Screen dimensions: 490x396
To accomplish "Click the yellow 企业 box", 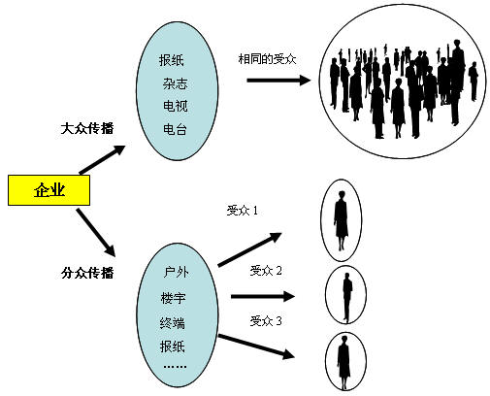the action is [49, 190].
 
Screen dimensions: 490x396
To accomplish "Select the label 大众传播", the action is [87, 128].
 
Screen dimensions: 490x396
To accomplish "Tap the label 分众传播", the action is [87, 273].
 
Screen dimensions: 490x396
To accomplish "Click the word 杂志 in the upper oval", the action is [175, 83].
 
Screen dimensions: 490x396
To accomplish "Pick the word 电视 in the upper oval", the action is [175, 106].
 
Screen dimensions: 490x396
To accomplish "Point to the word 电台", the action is [175, 129].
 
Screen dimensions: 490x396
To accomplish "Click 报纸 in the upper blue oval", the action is [172, 60].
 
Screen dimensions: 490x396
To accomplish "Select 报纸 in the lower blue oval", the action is [173, 346].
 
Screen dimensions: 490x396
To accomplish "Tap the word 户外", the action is [176, 272].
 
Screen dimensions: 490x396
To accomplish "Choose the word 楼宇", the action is [174, 298].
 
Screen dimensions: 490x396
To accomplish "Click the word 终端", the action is [173, 323].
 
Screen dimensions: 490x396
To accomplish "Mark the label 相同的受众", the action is [267, 59].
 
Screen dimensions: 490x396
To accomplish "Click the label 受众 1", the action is [243, 211].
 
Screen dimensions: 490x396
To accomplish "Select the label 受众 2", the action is [266, 271].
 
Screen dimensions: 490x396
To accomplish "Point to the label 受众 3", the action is [266, 321].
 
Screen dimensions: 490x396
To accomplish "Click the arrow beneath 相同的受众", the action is [278, 81].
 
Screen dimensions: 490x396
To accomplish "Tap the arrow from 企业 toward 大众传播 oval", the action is [102, 159].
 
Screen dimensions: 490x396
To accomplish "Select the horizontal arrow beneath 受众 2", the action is [263, 296].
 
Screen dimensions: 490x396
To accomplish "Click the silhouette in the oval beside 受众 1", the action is [341, 220].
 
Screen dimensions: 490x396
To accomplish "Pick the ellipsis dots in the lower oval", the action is [175, 367].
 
